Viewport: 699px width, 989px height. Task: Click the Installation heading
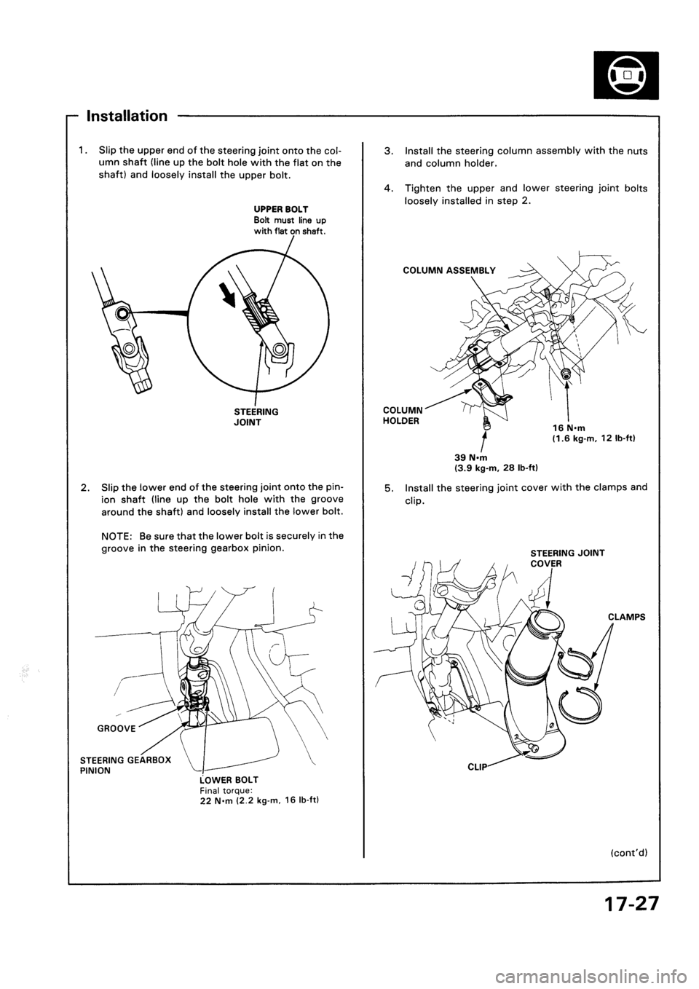point(127,116)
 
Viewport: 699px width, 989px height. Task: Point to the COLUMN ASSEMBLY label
point(449,270)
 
